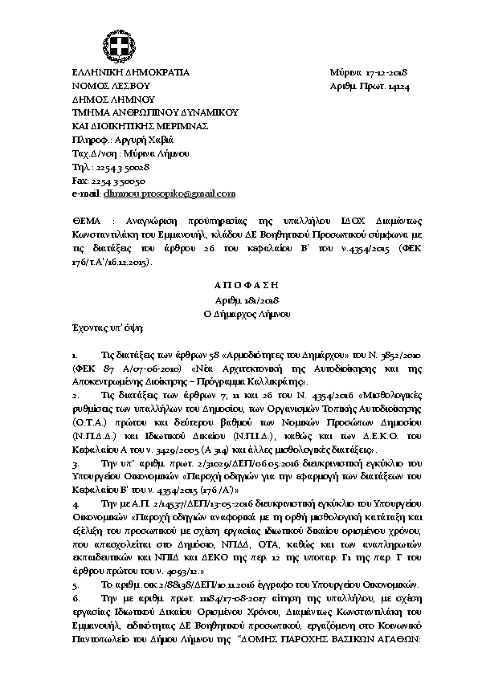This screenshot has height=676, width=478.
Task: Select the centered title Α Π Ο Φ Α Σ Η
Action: [238, 285]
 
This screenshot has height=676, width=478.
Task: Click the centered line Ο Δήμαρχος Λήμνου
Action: [238, 312]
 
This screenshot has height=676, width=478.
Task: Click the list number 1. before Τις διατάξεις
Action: [75, 354]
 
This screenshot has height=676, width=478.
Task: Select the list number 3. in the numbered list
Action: [75, 463]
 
